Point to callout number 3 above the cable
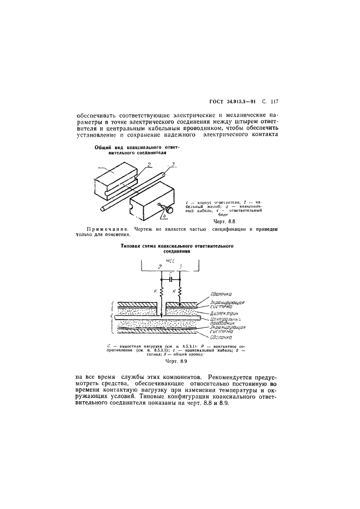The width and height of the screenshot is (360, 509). (x=173, y=163)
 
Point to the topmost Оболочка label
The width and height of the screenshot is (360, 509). (x=222, y=294)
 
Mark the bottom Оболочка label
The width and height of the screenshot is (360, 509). (x=222, y=336)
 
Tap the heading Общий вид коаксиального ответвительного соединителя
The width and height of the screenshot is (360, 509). (x=129, y=150)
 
